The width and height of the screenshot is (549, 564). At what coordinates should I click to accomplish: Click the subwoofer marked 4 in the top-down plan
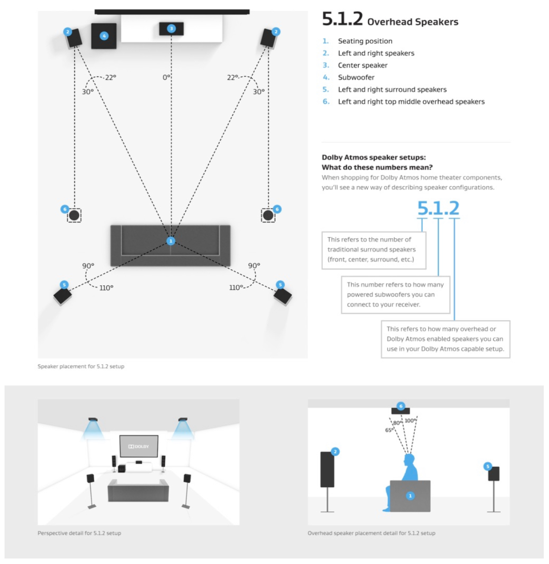tap(104, 36)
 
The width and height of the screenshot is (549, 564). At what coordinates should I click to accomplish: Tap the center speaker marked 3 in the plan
tap(171, 29)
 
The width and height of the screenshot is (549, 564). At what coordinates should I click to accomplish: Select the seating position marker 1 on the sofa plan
tap(170, 241)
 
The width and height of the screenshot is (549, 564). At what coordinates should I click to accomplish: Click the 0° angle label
tap(166, 77)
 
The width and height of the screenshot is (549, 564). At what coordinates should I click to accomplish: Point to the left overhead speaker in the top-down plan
tap(74, 215)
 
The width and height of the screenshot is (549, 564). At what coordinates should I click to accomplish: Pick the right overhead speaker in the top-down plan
tap(268, 215)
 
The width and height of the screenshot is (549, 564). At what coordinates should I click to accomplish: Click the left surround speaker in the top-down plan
tap(62, 296)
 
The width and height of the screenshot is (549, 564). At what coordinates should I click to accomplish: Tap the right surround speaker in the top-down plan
tap(282, 296)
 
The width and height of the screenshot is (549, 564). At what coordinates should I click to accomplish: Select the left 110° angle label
tap(106, 288)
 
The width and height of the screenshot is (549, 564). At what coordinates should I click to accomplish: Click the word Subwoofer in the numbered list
tap(356, 78)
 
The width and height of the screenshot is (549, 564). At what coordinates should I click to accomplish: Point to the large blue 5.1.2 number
tap(438, 208)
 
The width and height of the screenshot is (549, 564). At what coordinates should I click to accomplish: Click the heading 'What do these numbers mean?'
tap(377, 167)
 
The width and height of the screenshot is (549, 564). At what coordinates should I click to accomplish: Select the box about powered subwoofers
tap(395, 295)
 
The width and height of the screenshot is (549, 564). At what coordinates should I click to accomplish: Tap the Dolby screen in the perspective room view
tap(138, 446)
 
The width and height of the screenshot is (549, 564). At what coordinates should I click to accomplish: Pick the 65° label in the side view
tap(389, 430)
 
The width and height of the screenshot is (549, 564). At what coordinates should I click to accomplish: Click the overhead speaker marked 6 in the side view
tap(400, 410)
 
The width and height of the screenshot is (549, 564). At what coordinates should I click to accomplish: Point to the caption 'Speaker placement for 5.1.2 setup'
tap(81, 366)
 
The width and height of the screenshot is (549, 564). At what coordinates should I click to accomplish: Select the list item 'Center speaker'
tap(362, 65)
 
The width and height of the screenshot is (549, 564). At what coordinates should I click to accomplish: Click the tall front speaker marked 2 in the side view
tap(327, 469)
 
